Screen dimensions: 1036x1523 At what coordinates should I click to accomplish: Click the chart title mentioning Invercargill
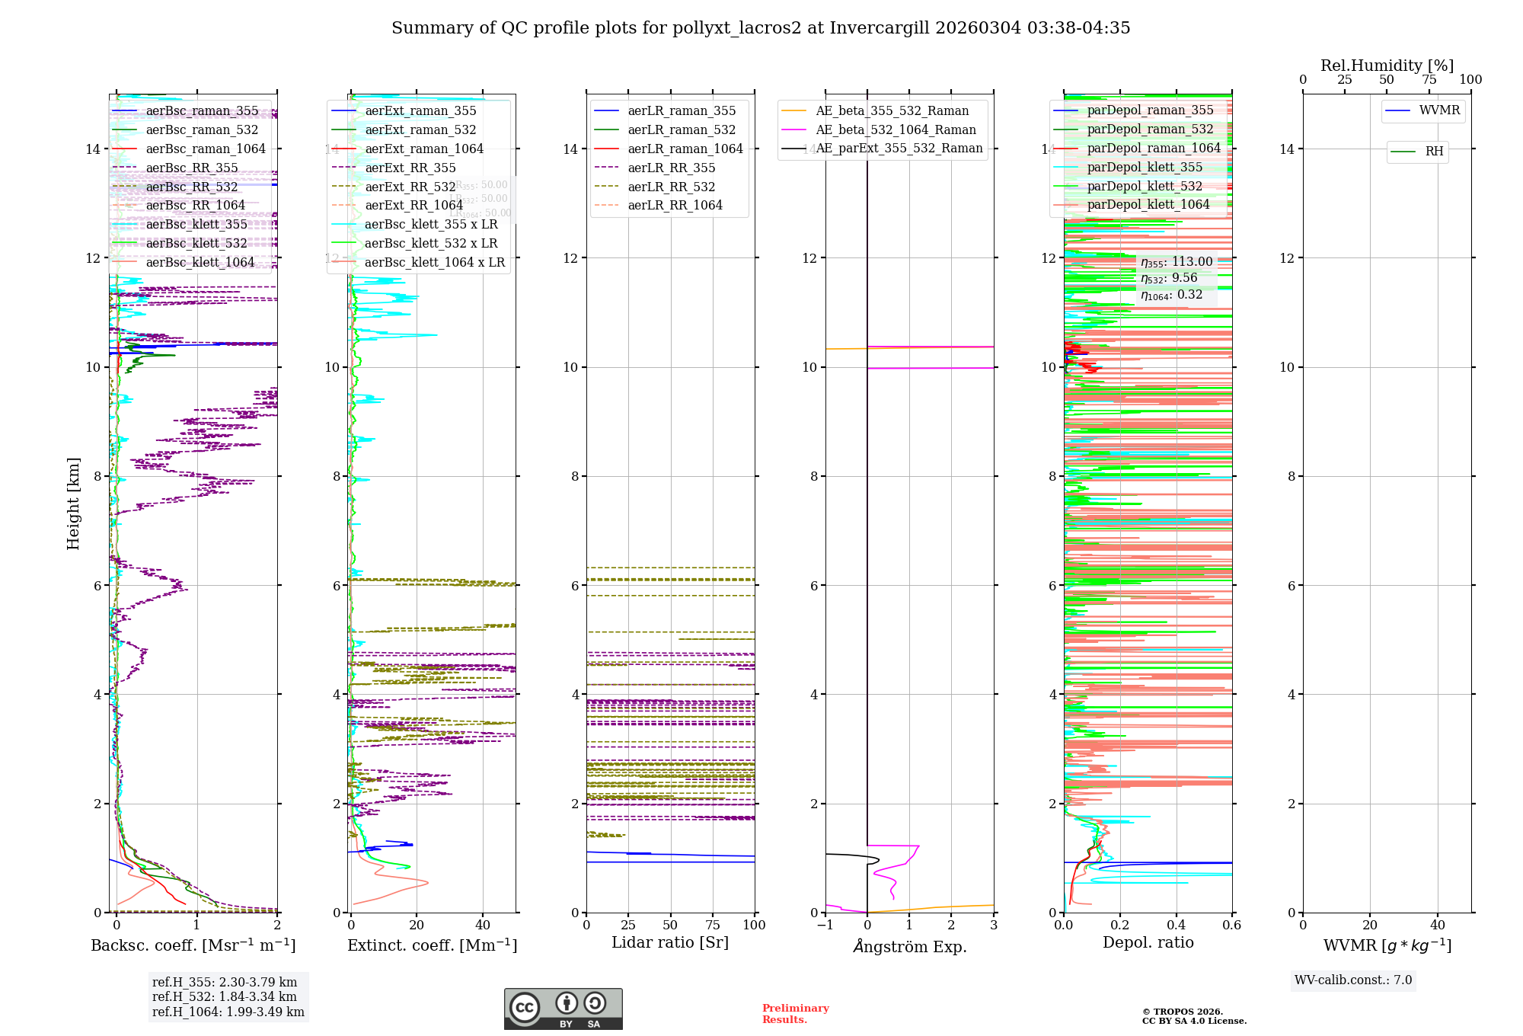coord(761,28)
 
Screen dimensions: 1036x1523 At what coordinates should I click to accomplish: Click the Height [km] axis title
coord(73,503)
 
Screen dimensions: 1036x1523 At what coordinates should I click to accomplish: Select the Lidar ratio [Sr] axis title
coord(670,943)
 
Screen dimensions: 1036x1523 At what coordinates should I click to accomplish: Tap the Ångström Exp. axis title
coord(909,947)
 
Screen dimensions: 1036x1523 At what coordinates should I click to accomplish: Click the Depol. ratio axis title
coord(1148,943)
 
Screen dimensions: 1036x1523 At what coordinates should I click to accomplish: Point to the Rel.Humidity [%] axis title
coord(1387,66)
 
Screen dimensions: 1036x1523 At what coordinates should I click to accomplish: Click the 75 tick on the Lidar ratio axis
coord(713,926)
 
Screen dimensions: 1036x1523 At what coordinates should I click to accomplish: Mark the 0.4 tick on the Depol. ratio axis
coord(1176,926)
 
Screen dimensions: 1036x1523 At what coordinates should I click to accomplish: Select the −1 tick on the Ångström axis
coord(825,926)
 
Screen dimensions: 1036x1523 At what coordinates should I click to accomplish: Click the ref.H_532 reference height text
coord(224,997)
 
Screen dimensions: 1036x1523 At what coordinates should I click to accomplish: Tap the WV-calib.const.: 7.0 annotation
coord(1353,980)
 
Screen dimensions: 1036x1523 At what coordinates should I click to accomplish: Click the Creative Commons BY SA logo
coord(563,1009)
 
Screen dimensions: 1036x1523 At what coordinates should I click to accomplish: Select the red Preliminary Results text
coord(795,1014)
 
